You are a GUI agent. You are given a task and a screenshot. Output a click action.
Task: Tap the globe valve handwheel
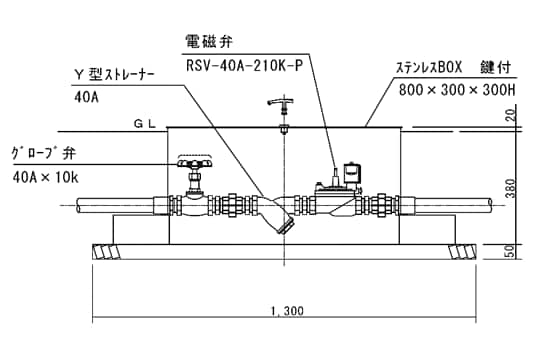tap(194, 161)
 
